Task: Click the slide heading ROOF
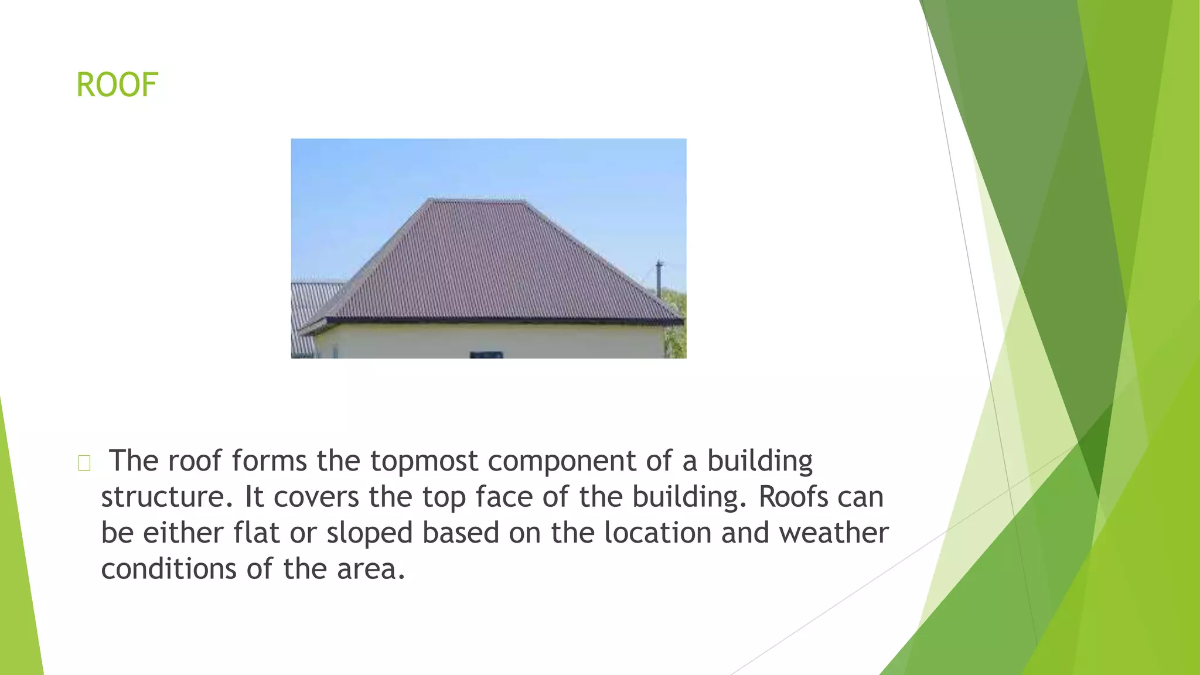pyautogui.click(x=117, y=85)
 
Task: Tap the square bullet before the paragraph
pyautogui.click(x=84, y=463)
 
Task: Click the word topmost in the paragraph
pyautogui.click(x=424, y=461)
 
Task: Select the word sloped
pyautogui.click(x=370, y=534)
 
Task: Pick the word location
pyautogui.click(x=657, y=533)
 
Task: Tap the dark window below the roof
pyautogui.click(x=486, y=354)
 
